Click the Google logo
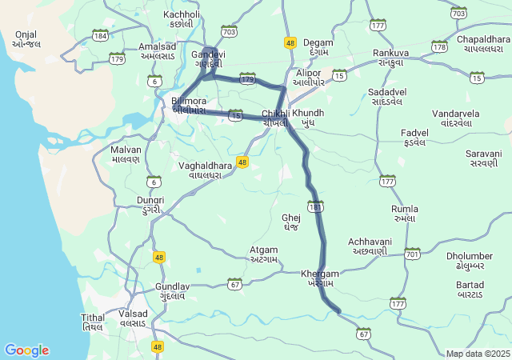click(x=26, y=350)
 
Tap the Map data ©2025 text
click(x=478, y=354)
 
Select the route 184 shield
click(x=100, y=36)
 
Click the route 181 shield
click(x=316, y=206)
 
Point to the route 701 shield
click(x=412, y=254)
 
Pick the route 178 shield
click(x=439, y=46)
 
